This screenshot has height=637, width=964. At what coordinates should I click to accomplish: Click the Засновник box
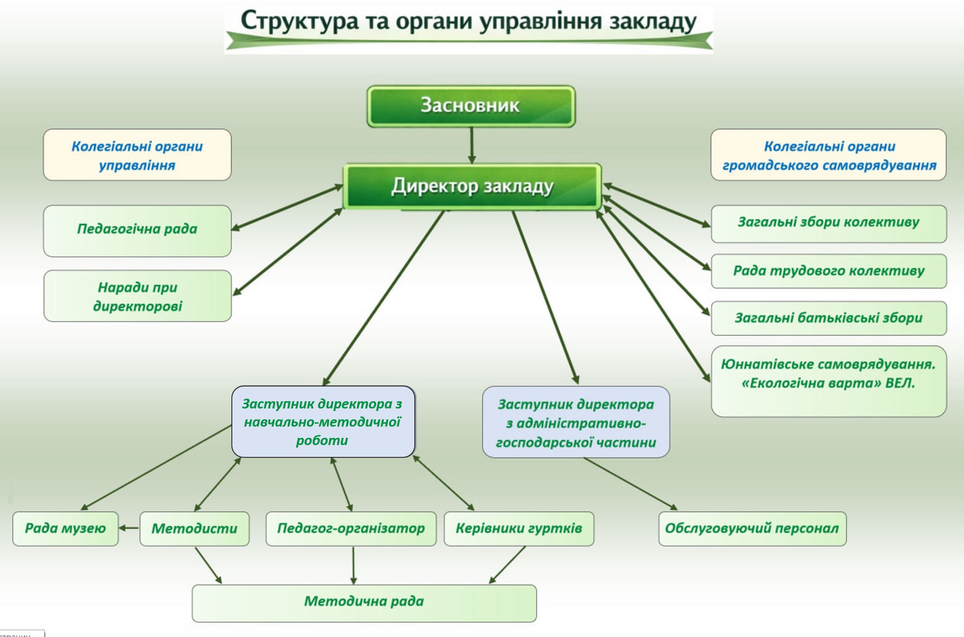470,105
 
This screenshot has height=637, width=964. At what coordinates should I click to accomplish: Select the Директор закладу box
472,187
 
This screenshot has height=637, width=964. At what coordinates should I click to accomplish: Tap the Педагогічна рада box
137,230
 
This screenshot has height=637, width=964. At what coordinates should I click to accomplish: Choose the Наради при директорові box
137,296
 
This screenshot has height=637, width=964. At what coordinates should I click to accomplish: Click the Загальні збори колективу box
828,224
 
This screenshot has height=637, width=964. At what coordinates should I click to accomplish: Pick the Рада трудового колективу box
828,271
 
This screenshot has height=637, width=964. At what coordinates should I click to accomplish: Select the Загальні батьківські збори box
828,318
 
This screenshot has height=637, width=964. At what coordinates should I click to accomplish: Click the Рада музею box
65,529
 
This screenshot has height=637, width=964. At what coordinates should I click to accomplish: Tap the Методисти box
194,529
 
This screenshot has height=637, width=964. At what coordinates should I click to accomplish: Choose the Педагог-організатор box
351,529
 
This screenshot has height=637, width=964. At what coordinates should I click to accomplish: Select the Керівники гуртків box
519,529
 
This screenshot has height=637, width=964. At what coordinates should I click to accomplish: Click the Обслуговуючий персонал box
752,529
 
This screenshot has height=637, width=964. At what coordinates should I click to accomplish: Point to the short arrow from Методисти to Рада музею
129,528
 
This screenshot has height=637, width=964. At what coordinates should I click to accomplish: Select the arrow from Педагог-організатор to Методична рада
353,565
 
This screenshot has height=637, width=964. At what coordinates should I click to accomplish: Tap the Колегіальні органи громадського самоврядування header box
828,155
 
